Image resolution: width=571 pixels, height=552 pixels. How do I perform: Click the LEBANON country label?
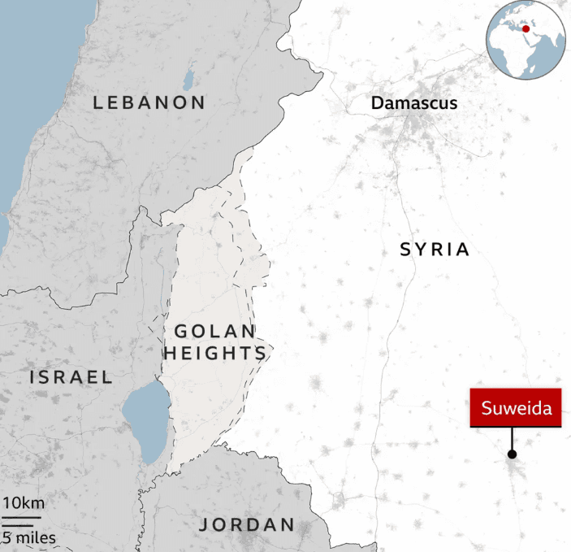tap(149, 102)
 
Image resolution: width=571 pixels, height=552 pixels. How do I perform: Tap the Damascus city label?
tap(413, 103)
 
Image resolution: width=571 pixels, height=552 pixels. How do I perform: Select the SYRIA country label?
tap(435, 250)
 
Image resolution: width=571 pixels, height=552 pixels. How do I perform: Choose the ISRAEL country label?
tap(71, 377)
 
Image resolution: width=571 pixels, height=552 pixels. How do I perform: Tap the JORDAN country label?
tap(247, 524)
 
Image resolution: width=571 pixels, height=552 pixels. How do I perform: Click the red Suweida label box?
tap(516, 408)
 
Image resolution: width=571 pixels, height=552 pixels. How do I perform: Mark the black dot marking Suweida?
tap(512, 454)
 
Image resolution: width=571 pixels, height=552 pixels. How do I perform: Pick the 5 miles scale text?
tap(28, 537)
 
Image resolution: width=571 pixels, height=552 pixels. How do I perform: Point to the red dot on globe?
tap(526, 28)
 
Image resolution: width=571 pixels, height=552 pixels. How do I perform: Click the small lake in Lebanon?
tap(188, 79)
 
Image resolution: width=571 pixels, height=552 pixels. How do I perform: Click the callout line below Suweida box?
tap(512, 439)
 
